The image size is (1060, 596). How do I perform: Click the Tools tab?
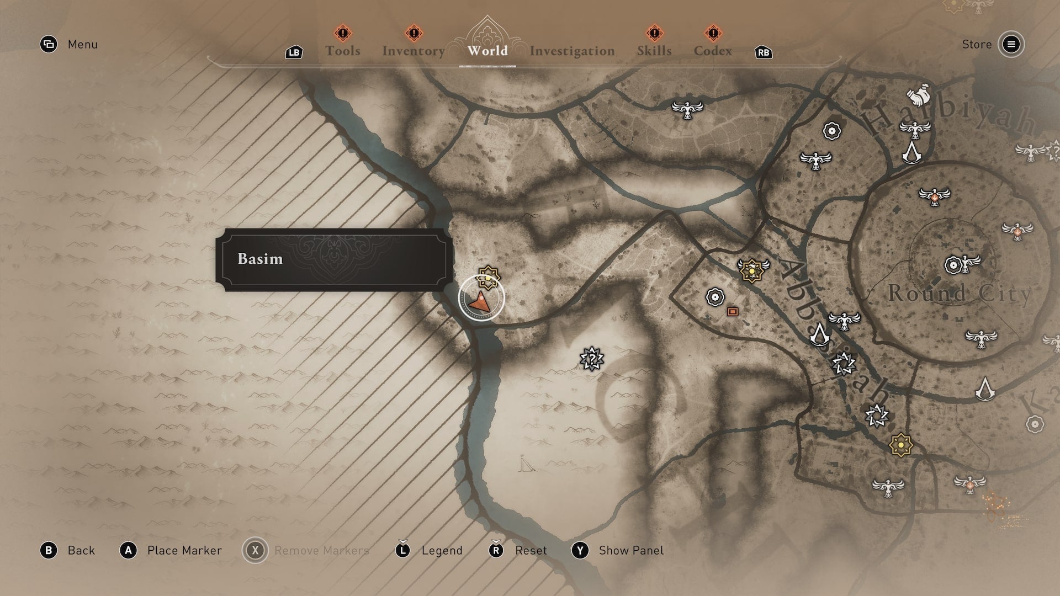(342, 51)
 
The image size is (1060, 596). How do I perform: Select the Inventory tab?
(414, 51)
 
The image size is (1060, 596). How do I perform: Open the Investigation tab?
(572, 51)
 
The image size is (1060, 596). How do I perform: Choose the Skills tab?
(654, 51)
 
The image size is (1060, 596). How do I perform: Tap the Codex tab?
(713, 51)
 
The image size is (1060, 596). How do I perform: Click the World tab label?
(487, 51)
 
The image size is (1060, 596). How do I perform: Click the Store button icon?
(1011, 44)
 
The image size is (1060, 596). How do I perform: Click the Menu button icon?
(49, 44)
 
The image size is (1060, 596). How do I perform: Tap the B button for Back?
(49, 550)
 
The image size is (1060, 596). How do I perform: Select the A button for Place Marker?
(129, 550)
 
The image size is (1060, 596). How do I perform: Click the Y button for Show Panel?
(580, 550)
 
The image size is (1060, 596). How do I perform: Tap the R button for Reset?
(496, 550)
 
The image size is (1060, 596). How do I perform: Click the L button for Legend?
(402, 550)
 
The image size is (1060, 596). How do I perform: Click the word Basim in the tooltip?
(260, 259)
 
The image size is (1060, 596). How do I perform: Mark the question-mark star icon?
(592, 359)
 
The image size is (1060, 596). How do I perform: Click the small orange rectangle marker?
(733, 312)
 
